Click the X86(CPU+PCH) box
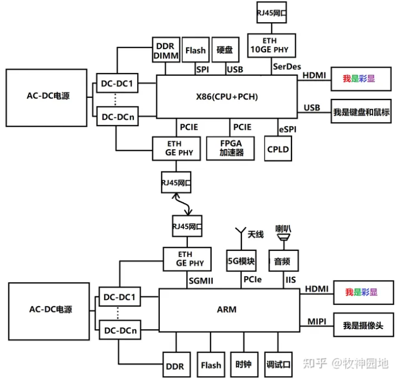(227, 97)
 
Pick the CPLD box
(279, 148)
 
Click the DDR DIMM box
(164, 50)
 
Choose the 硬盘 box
(225, 50)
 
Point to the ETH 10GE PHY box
(269, 45)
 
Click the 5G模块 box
(241, 262)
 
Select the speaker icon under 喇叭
(282, 236)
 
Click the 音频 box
(282, 262)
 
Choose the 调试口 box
(279, 365)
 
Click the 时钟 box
(244, 365)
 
